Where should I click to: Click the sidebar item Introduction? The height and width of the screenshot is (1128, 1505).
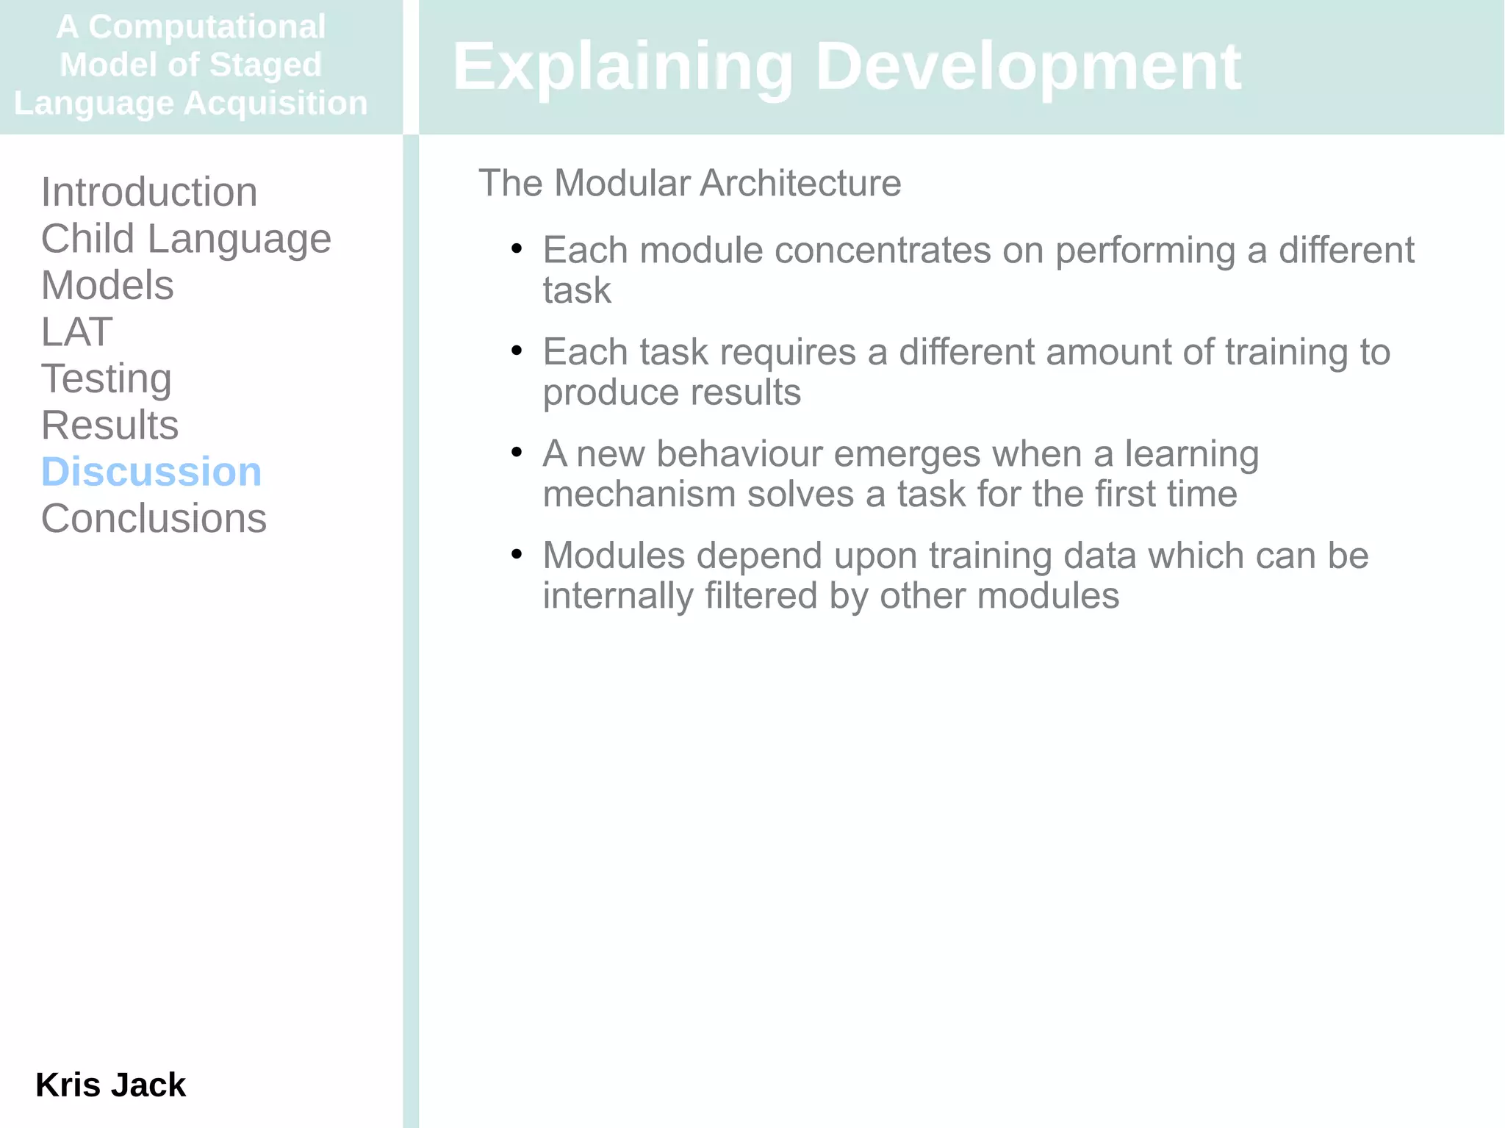coord(149,193)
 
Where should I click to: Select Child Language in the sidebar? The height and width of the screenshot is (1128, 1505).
coord(186,239)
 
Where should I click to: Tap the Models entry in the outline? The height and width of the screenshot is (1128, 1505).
coord(107,285)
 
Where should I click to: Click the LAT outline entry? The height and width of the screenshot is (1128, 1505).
coord(76,332)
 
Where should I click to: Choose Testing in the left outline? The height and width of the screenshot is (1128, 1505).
coord(107,378)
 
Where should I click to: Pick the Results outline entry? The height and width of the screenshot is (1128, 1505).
coord(109,425)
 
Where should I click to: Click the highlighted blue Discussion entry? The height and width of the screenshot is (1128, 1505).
coord(151,472)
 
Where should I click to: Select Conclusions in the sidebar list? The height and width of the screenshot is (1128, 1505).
coord(154,519)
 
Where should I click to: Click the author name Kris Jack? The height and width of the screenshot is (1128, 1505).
coord(110,1085)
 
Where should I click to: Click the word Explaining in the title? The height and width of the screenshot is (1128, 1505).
coord(622,67)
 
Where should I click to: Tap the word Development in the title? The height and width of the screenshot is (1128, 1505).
coord(1028,67)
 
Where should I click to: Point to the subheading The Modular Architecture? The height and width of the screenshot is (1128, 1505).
coord(689,183)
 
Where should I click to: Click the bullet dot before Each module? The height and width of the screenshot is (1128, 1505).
coord(517,249)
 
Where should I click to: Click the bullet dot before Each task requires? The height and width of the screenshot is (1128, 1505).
coord(517,351)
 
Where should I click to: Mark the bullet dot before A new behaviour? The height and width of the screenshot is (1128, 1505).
coord(517,452)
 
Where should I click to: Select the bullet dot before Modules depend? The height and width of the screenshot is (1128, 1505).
coord(517,553)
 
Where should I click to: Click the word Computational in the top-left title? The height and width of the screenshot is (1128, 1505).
coord(206,27)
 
